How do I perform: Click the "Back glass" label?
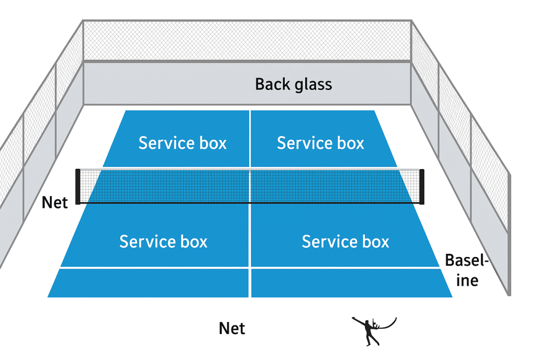(293, 84)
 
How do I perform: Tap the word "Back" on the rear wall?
(270, 84)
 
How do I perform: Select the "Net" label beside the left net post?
(54, 202)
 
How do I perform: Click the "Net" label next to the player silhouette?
(232, 328)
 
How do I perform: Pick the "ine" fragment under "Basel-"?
(468, 280)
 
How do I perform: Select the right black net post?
(422, 187)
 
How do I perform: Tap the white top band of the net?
(250, 170)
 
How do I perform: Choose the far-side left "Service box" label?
(182, 143)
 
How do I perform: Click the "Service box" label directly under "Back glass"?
(320, 143)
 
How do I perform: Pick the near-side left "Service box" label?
(163, 242)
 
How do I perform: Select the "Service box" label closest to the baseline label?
(345, 242)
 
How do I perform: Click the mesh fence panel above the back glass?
(247, 40)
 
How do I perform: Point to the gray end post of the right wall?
(508, 234)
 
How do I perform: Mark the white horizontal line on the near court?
(250, 268)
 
